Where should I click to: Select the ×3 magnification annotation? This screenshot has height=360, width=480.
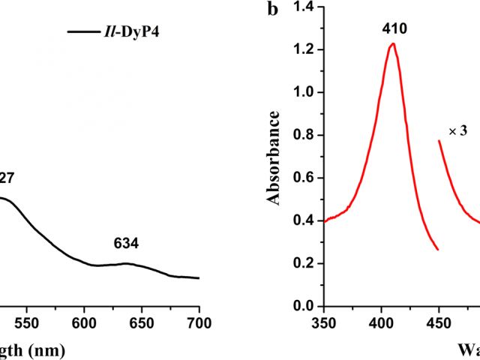pyautogui.click(x=457, y=131)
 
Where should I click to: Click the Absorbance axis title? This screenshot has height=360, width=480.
pyautogui.click(x=274, y=157)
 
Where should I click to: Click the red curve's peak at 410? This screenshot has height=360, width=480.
pyautogui.click(x=391, y=44)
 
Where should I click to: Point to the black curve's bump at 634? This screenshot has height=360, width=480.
pyautogui.click(x=126, y=263)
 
